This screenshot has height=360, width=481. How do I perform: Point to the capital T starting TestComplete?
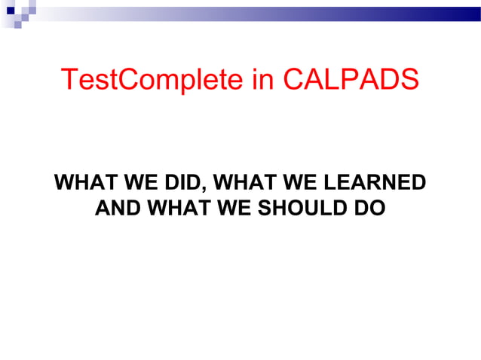tap(69, 79)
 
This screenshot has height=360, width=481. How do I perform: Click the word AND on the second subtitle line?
tap(115, 207)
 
